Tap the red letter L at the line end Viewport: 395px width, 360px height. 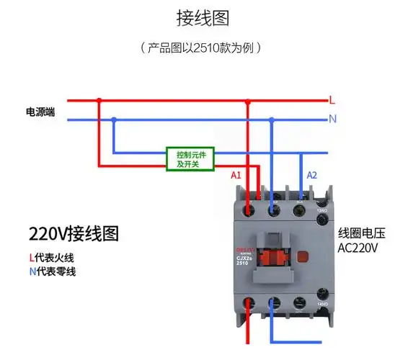(332, 99)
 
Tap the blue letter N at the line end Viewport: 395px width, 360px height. (332, 120)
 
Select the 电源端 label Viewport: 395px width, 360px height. (40, 112)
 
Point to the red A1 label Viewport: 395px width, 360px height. (236, 176)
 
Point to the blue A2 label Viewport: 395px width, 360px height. (312, 176)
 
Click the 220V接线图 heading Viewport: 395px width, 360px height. (74, 233)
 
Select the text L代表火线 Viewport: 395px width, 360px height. (52, 256)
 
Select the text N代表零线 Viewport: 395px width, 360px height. (52, 271)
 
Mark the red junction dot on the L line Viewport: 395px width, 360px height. (99, 100)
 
